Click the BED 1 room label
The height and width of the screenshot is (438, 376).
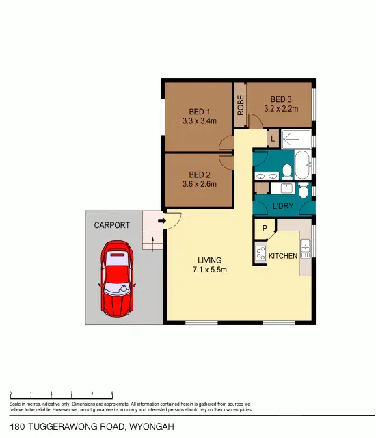point(200,112)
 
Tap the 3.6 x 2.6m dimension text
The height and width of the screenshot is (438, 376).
point(199,183)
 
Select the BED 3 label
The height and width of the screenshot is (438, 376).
point(280,99)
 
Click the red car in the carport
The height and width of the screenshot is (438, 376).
point(118,277)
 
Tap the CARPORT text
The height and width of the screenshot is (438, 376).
point(111,224)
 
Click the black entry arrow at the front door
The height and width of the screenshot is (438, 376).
point(161,221)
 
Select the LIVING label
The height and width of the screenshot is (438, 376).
point(209,260)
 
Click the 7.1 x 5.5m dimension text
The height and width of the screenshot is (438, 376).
point(209,270)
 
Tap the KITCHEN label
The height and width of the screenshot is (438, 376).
point(282,256)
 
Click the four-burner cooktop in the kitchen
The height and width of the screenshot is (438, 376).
point(260,254)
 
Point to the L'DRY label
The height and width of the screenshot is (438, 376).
point(282,205)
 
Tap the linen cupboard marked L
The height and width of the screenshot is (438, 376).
point(273,138)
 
